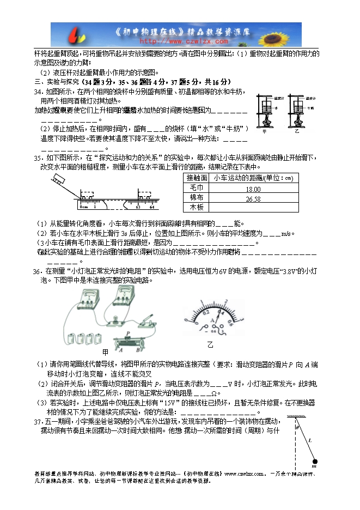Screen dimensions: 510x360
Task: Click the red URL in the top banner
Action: [184, 40]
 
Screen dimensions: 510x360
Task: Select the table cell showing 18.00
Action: [253, 189]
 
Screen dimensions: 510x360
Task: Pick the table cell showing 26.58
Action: [253, 198]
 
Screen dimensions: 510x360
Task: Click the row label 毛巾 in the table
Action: [197, 189]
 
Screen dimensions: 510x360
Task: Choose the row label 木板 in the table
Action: [197, 208]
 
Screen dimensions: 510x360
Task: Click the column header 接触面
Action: [197, 178]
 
